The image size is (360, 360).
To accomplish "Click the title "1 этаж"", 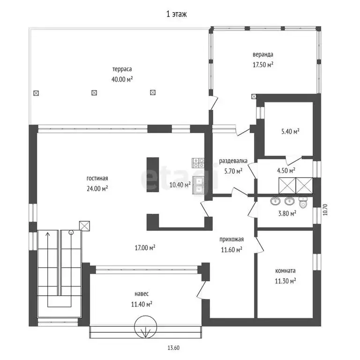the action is [176, 14].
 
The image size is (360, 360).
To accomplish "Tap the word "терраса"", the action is [122, 69].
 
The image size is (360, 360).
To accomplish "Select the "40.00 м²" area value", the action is [122, 79].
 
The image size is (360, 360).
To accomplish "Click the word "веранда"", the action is [263, 55].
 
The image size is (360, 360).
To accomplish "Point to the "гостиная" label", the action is [97, 178].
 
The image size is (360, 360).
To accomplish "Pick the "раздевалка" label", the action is [233, 161].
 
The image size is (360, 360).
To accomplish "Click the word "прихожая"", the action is [232, 240].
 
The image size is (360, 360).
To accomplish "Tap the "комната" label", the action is [285, 271].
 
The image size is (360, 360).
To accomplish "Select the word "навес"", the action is [142, 294].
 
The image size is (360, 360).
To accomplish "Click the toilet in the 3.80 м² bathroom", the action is [303, 202].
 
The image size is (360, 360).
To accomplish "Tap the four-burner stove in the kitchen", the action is [198, 163].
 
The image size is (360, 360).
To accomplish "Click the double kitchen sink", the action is [199, 185].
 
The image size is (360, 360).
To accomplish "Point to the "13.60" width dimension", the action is [173, 348].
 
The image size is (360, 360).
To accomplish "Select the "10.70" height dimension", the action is [325, 210].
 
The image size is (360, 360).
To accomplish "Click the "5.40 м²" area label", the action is [291, 131].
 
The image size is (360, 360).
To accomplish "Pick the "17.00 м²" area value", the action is [145, 247].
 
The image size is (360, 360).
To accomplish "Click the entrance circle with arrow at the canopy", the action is [146, 327].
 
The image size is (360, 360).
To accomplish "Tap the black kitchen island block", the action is [153, 175].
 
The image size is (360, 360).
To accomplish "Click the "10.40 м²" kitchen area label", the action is [180, 185].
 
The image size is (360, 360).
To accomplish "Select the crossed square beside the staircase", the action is [84, 225].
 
